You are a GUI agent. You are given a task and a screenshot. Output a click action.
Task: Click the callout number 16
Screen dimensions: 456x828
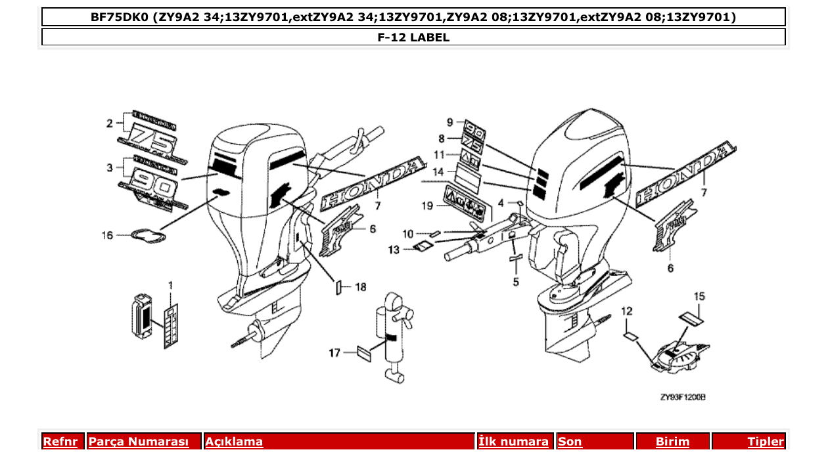click(107, 235)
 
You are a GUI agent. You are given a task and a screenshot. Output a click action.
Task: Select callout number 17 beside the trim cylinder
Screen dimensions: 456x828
click(335, 353)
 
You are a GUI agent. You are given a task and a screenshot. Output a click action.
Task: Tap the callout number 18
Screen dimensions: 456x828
click(360, 286)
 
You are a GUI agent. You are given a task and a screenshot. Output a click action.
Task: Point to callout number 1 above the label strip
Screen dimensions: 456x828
click(170, 285)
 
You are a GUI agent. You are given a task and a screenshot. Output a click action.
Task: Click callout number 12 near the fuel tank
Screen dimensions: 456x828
click(627, 310)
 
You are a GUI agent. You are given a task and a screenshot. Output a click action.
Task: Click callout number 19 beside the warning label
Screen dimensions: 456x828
click(426, 206)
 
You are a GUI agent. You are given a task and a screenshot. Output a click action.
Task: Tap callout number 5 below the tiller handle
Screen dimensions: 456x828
click(516, 282)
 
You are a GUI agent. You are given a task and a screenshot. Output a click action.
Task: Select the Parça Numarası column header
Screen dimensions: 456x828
click(139, 442)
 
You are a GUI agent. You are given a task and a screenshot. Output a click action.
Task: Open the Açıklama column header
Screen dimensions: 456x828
click(234, 442)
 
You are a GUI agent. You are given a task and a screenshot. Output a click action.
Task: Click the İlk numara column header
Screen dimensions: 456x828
click(513, 442)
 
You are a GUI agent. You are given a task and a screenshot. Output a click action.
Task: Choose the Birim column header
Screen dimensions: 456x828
click(673, 442)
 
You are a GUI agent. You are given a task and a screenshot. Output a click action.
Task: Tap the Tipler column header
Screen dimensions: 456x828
click(766, 442)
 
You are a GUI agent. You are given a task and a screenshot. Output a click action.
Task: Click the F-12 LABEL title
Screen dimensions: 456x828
click(413, 37)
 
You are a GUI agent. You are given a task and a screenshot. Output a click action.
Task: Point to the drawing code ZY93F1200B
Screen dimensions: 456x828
click(683, 397)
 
